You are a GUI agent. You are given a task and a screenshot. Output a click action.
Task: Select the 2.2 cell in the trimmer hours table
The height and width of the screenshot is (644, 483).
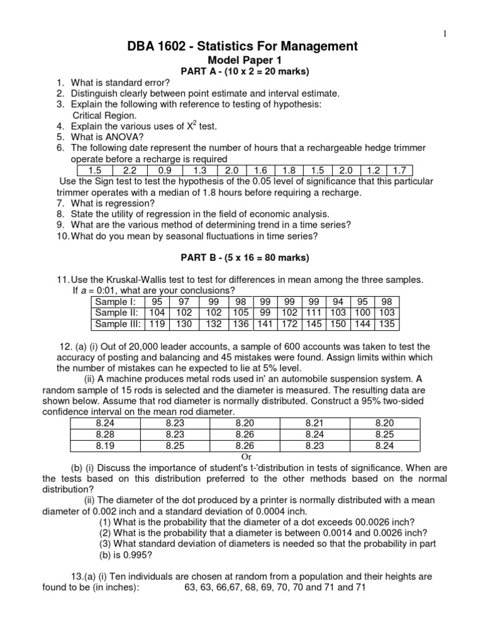tap(130, 170)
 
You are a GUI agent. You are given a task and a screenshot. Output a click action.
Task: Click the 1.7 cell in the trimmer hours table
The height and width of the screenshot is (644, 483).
tap(399, 170)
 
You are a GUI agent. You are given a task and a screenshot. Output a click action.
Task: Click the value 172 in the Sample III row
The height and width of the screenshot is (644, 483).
tap(289, 325)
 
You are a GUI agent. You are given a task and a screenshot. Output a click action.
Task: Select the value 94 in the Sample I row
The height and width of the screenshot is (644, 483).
tap(338, 302)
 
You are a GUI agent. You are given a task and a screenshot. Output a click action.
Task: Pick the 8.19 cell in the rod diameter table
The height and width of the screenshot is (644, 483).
tap(105, 446)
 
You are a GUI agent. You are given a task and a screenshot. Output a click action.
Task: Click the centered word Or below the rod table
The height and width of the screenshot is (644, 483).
tap(246, 457)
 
